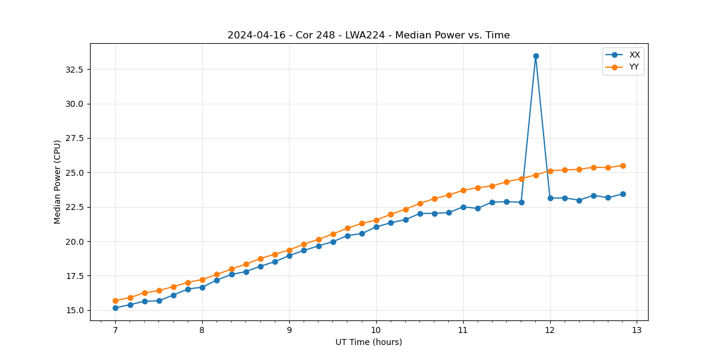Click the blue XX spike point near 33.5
[x=536, y=56]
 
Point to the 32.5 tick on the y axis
[x=74, y=70]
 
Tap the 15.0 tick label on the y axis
[x=74, y=311]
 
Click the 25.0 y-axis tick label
[x=74, y=173]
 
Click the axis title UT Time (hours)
[x=368, y=342]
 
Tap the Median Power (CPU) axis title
[x=58, y=182]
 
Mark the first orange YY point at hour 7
[x=115, y=301]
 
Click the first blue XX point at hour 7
[x=115, y=308]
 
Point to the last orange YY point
[x=623, y=166]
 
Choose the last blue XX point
[x=623, y=194]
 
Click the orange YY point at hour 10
[x=376, y=220]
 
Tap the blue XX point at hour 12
[x=550, y=198]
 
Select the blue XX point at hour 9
[x=289, y=256]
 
